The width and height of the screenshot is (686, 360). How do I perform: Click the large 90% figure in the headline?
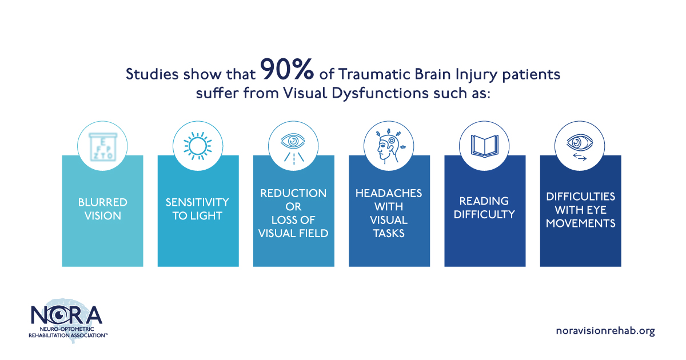[x=287, y=69]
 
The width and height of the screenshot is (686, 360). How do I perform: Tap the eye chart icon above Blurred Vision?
[x=102, y=146]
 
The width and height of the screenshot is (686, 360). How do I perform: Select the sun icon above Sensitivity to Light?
[x=198, y=146]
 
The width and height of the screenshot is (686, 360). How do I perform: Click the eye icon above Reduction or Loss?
[x=293, y=141]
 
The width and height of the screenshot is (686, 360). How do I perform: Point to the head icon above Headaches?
[x=389, y=146]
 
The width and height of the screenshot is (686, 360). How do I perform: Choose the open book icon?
[x=485, y=146]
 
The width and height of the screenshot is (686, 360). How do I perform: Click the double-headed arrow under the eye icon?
[x=580, y=157]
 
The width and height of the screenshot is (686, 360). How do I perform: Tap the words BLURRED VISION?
[x=102, y=209]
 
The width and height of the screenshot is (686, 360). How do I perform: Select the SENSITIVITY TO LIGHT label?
[x=198, y=209]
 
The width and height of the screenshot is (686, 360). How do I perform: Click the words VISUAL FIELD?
[x=293, y=234]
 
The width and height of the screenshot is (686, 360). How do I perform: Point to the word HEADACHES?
[x=389, y=193]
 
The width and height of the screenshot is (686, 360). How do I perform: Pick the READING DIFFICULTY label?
[x=484, y=208]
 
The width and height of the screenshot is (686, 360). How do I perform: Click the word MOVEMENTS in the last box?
[x=581, y=223]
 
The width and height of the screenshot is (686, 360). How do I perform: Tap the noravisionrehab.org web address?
[x=605, y=331]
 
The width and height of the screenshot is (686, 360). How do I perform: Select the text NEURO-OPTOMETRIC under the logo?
[x=67, y=329]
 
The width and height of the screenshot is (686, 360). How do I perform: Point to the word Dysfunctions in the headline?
[x=380, y=93]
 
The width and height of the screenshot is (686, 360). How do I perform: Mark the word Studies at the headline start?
[x=152, y=74]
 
